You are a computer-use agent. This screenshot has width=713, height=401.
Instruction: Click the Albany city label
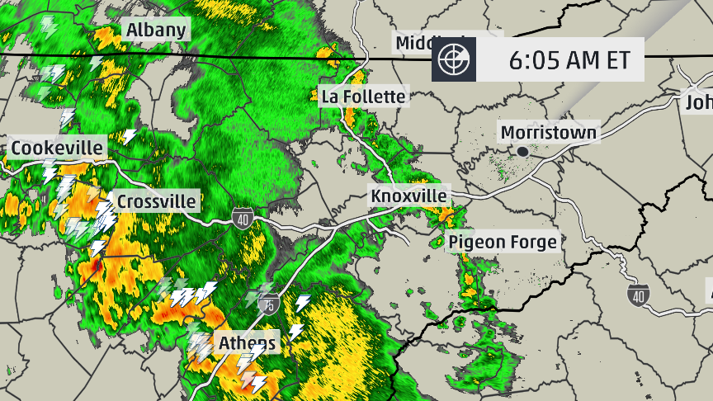click(x=156, y=31)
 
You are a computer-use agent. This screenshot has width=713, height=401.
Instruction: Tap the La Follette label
click(x=364, y=97)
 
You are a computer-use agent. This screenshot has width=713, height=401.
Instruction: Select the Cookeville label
click(x=58, y=149)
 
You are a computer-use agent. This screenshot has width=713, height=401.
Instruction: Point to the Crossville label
click(x=157, y=201)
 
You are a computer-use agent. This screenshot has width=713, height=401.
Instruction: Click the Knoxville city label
click(x=408, y=196)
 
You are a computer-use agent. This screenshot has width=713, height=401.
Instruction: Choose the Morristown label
click(x=548, y=132)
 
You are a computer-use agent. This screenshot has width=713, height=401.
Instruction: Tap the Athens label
click(x=248, y=342)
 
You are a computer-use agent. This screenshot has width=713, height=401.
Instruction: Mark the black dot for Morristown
click(x=522, y=151)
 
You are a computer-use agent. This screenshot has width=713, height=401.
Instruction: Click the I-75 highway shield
click(x=267, y=304)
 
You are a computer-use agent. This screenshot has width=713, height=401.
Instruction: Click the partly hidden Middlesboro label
click(x=421, y=43)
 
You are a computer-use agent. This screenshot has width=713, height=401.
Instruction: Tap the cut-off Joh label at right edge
click(x=698, y=102)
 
